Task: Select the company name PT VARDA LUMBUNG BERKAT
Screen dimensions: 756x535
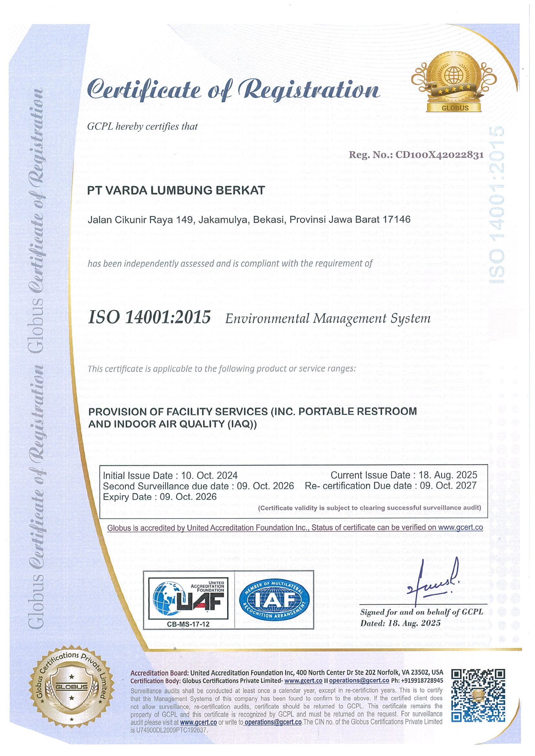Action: (x=176, y=190)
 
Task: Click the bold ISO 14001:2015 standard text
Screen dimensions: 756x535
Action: (x=149, y=317)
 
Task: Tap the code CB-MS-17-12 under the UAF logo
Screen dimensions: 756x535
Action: (x=188, y=624)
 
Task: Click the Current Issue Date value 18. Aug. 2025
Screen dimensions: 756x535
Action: (x=448, y=475)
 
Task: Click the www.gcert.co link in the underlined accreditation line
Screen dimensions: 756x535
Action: (x=461, y=527)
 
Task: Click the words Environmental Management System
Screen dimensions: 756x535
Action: (x=328, y=319)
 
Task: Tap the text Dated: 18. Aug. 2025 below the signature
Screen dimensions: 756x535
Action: (x=400, y=623)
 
